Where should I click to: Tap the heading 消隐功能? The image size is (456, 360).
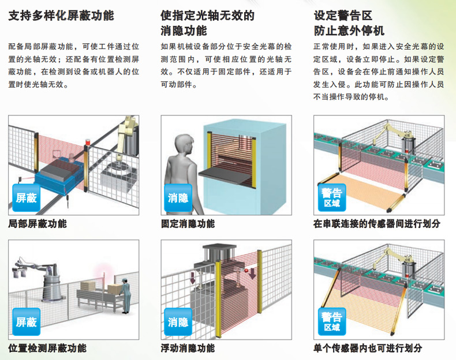click(x=184, y=31)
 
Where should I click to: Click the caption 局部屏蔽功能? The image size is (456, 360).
click(x=38, y=223)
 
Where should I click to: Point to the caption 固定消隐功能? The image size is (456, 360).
click(x=188, y=223)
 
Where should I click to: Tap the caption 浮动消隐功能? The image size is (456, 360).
click(x=188, y=348)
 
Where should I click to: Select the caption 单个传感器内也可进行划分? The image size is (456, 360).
click(x=368, y=348)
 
